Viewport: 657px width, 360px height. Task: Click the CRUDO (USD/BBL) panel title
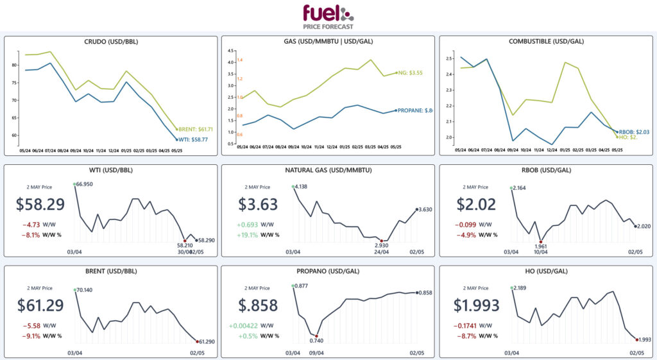(x=111, y=42)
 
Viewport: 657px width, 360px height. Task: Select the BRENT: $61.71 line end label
(x=196, y=129)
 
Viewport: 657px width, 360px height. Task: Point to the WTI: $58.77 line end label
(x=195, y=139)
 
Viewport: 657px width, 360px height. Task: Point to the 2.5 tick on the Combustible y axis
(x=449, y=58)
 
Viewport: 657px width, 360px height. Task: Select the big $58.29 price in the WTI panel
(x=39, y=205)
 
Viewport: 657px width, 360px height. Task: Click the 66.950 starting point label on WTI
(x=85, y=184)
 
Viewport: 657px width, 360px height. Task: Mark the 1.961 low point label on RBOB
(x=541, y=246)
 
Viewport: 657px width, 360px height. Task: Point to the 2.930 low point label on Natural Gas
(x=382, y=245)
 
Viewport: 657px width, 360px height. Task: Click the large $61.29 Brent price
(x=39, y=306)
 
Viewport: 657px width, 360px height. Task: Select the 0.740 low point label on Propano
(x=317, y=340)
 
